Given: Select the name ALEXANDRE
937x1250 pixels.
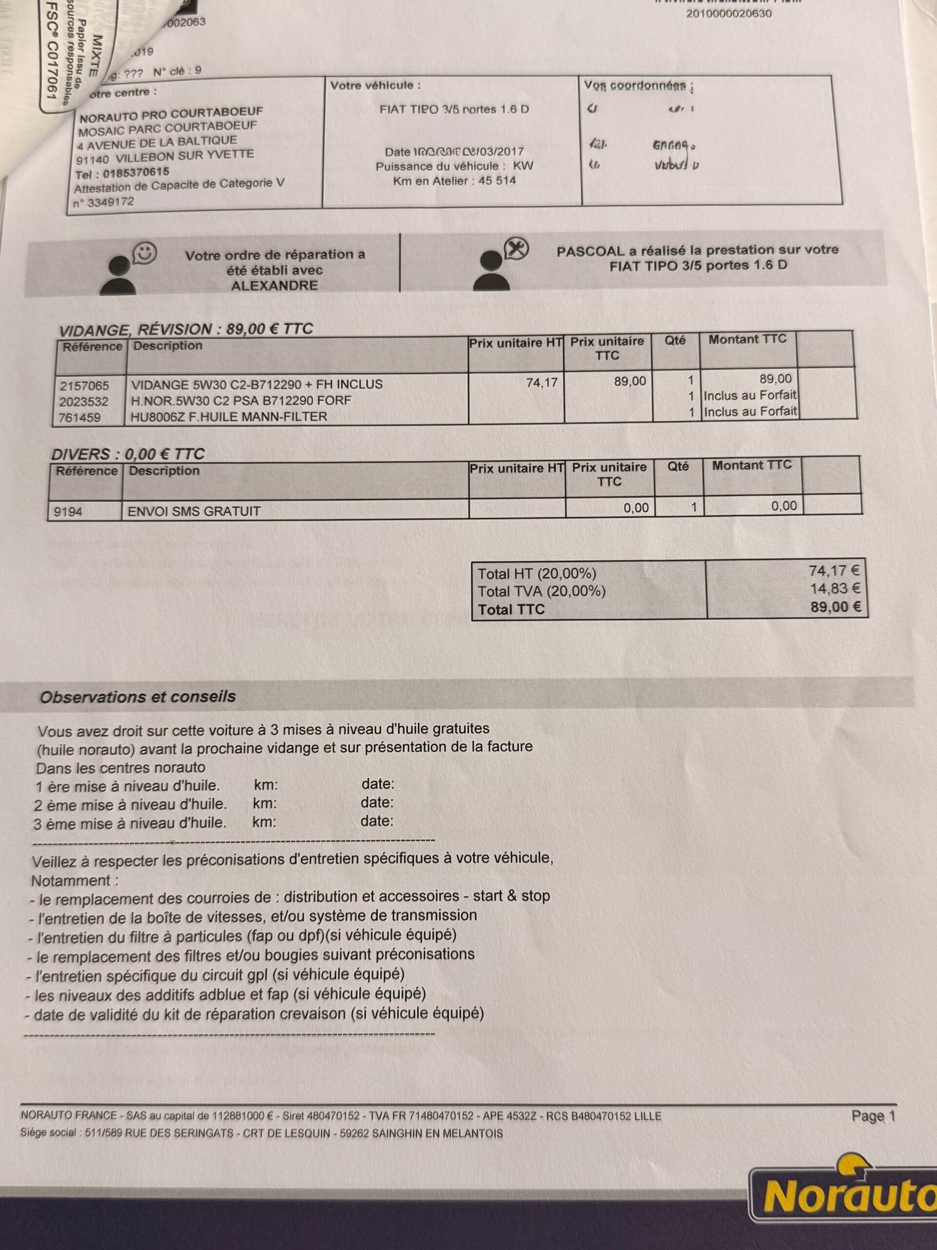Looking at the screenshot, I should pos(274,286).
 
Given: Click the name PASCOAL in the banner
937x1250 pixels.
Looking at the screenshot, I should pos(590,251).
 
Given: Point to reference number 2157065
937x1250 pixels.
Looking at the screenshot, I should pos(84,386).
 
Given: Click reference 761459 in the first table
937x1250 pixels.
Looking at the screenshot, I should pos(80,418).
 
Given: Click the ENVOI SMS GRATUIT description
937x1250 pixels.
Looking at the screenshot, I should pos(194,512).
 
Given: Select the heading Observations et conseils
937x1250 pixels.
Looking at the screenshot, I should pos(138,697).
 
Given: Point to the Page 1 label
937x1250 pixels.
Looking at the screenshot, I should pos(873,1115).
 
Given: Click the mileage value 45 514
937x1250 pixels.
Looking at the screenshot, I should pos(497,181).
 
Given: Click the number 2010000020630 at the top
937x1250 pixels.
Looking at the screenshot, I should pos(729,13).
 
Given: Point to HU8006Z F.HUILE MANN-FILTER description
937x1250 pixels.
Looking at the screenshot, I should pos(229,417).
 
